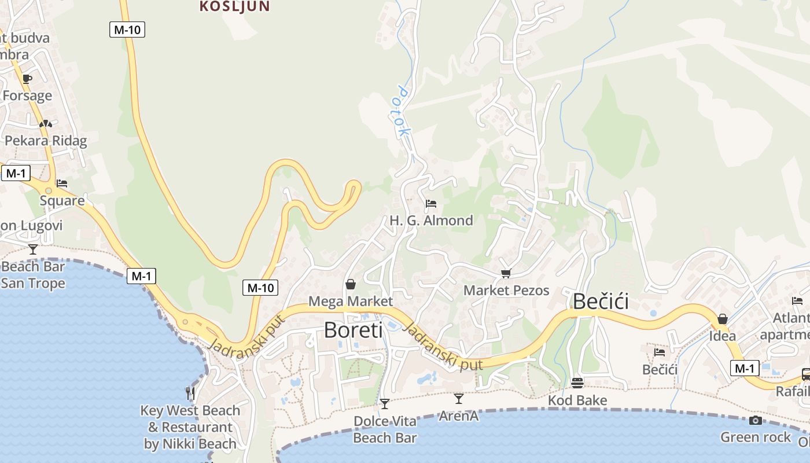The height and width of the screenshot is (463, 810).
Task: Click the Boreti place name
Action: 353,330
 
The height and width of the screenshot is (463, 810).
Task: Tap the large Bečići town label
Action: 601,302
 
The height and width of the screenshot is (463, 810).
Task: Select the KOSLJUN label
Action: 234,7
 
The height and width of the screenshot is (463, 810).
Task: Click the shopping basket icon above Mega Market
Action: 350,284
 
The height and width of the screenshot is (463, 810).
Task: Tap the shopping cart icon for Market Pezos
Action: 506,273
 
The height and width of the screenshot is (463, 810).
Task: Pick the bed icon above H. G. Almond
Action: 430,204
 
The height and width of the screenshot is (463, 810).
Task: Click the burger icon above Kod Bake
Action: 577,383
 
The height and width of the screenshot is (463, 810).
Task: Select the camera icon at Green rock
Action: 755,420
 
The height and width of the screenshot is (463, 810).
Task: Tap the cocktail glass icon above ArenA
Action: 459,398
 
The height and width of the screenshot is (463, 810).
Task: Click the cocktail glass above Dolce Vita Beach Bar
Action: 385,403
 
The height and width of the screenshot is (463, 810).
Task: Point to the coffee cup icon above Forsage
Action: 27,79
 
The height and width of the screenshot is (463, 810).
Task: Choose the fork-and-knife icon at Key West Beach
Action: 190,394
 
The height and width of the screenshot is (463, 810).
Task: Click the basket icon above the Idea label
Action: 722,319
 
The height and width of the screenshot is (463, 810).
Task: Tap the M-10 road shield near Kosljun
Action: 127,30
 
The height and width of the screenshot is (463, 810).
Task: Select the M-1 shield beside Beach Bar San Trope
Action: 141,276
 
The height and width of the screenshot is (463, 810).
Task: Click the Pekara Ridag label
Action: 46,141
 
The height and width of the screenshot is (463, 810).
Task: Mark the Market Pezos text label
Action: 506,291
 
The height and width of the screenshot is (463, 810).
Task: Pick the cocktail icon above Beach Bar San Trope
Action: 33,249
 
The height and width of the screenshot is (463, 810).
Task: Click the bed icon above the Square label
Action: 62,183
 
